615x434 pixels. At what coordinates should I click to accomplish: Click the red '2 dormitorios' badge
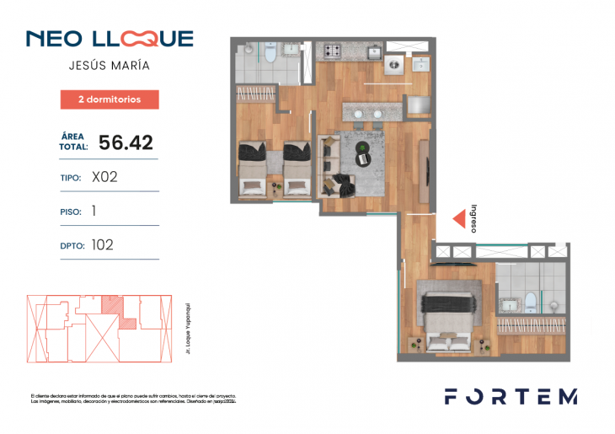coord(110,99)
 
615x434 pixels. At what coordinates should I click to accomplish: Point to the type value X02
coord(104,178)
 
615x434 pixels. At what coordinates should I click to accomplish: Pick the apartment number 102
coord(102,245)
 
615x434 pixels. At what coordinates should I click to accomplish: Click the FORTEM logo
coord(511,397)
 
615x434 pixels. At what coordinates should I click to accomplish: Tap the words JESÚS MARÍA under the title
coord(110,65)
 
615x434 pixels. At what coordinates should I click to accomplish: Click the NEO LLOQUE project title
coord(110,39)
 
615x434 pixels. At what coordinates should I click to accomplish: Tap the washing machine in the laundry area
coord(394,64)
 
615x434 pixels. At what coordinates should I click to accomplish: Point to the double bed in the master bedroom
coord(447,320)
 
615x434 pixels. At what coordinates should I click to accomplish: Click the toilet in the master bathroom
coord(530,301)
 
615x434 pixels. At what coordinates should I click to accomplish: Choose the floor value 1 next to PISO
coord(94,212)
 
